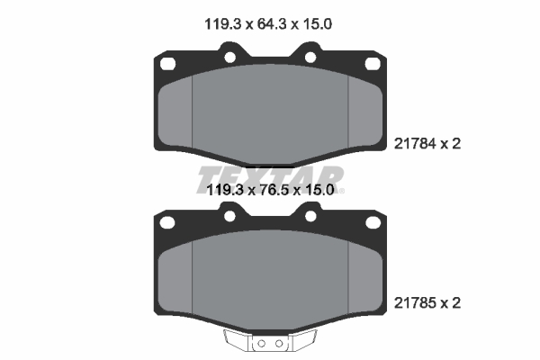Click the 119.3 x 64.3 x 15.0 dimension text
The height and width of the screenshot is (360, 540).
click(268, 24)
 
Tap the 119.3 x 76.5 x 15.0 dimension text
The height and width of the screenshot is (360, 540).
click(270, 190)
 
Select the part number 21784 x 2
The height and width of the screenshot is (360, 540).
click(427, 144)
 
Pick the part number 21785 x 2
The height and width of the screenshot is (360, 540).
click(427, 303)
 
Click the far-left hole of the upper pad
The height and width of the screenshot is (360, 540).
click(168, 64)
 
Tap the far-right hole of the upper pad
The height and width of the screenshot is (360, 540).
click(373, 64)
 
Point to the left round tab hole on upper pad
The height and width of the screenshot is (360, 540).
click(230, 58)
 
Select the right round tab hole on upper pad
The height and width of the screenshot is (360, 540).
click(310, 58)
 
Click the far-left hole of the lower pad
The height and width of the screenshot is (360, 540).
click(167, 222)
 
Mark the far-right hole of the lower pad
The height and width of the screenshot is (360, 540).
click(373, 222)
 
